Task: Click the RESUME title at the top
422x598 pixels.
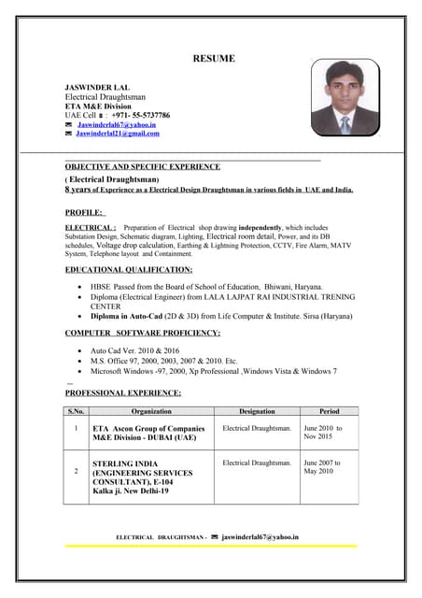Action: (x=214, y=59)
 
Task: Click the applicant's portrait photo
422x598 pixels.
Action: (x=345, y=98)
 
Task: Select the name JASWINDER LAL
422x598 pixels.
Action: (x=97, y=87)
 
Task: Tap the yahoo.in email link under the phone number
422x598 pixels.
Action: (x=117, y=124)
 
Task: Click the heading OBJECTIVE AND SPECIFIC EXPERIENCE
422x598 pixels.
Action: (x=142, y=167)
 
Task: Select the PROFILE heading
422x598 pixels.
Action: (x=84, y=213)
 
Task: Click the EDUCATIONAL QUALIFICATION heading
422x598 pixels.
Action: (x=129, y=270)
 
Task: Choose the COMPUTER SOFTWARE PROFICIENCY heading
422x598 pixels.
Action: (x=142, y=333)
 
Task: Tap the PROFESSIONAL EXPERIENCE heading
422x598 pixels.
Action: (x=122, y=393)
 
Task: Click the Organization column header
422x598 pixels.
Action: (x=151, y=411)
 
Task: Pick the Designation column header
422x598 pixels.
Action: (x=257, y=411)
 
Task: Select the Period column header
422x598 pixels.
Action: (x=329, y=411)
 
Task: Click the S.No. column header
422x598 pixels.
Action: (x=76, y=411)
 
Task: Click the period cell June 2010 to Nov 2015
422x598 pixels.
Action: (x=323, y=433)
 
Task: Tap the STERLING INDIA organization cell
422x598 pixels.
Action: (x=142, y=477)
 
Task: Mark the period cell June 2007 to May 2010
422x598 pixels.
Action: (x=322, y=467)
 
